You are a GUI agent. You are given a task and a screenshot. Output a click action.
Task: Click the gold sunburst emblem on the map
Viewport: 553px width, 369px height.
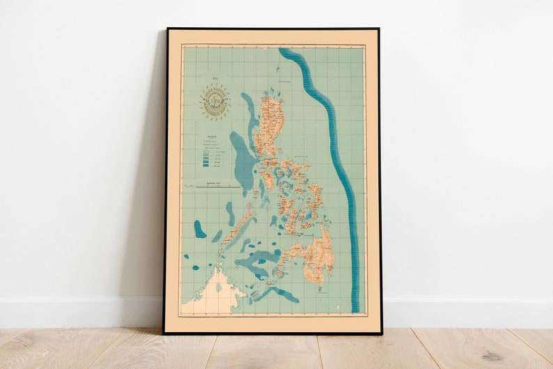pos(215,102)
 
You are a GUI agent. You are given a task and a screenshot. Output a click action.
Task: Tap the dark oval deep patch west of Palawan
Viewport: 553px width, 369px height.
pos(200,229)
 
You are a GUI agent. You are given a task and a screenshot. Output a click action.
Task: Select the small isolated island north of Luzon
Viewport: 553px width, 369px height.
pos(276,69)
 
